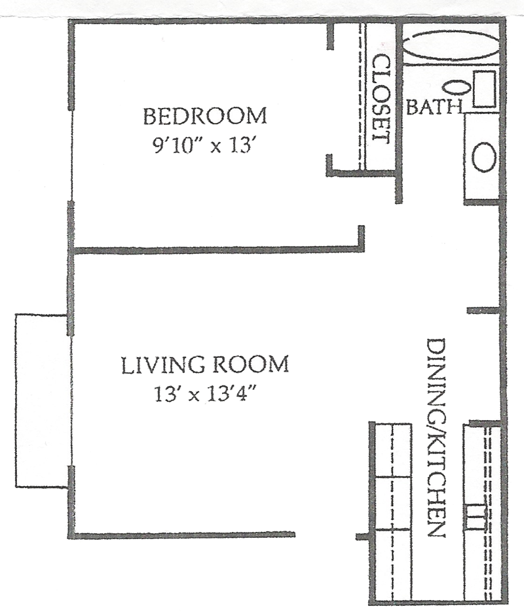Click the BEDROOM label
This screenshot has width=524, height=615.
205,116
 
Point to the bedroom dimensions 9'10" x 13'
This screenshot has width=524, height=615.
206,147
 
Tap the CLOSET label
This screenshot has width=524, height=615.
381,98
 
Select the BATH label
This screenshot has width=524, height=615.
434,107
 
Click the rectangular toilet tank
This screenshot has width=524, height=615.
484,89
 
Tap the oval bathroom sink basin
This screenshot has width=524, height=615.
483,156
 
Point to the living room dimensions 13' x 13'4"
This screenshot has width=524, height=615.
206,395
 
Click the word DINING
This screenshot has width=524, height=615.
435,377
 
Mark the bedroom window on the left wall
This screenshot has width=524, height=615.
71,155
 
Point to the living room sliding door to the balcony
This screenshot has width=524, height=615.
71,400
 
